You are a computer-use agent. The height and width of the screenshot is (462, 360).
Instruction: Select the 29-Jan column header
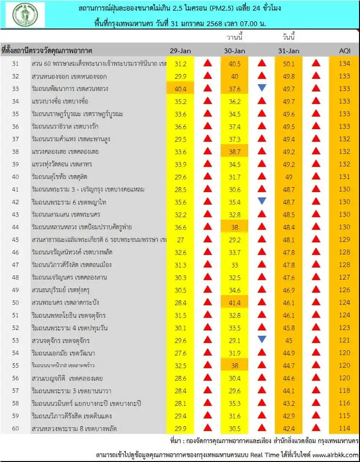pos(180,51)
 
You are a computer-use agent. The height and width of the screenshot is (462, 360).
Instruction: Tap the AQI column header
pos(345,51)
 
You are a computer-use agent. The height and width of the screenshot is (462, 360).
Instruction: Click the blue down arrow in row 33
pos(262,88)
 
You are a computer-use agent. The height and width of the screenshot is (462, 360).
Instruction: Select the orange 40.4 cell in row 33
pos(180,89)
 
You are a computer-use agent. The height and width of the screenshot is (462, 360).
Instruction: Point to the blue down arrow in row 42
pos(262,201)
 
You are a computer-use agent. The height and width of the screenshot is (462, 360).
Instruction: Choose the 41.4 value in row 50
pos(235,302)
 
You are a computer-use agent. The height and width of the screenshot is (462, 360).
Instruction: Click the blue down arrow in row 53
pos(262,340)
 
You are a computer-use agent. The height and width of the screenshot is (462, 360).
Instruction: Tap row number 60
pos(15,428)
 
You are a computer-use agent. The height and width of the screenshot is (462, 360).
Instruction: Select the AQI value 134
pos(345,63)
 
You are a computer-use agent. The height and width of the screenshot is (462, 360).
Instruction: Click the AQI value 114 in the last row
pos(345,428)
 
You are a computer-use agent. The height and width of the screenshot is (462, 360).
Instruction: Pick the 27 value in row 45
pos(180,239)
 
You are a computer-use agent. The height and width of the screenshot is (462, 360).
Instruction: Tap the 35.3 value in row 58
pos(235,403)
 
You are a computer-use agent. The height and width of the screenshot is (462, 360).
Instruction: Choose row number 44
pos(15,227)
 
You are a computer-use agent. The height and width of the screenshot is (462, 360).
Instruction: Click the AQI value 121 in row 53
pos(345,340)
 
